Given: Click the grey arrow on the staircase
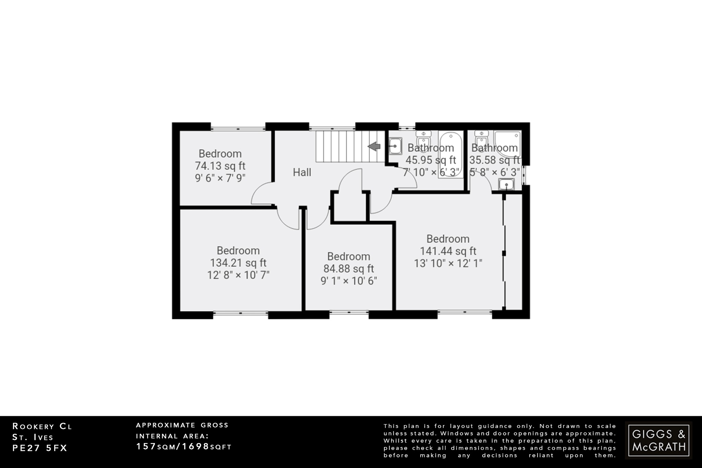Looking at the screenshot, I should point(374,147).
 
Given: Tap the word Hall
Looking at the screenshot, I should point(302,172).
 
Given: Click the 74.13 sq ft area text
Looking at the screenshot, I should point(220,166).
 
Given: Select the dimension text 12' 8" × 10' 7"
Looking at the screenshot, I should point(238,275).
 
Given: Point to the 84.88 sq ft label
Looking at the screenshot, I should point(349,268).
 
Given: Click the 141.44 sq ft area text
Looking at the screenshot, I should point(448,251).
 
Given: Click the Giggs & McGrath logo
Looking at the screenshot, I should point(658,440).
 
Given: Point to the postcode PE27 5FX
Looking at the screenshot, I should point(40,448).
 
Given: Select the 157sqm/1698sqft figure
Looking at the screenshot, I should point(184,446).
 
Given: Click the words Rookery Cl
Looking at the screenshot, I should point(42,427).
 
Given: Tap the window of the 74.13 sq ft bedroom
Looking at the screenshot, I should point(238,128).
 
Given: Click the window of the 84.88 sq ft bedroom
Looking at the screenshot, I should point(349,312).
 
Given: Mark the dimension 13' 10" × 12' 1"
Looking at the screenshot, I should point(448,263).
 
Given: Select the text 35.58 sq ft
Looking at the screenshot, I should point(494,160).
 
